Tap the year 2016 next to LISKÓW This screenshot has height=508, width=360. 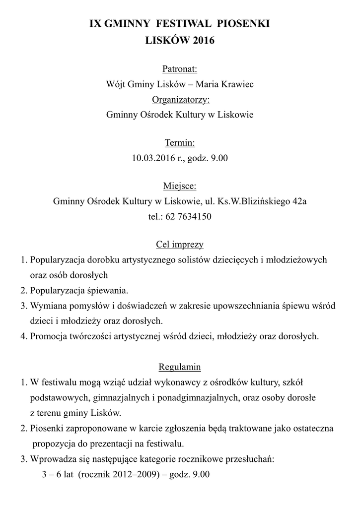(x=204, y=41)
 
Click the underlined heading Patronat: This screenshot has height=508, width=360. (x=180, y=68)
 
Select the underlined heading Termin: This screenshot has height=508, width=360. (x=180, y=143)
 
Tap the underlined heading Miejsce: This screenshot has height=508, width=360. (x=180, y=186)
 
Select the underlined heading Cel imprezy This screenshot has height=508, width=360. (x=180, y=245)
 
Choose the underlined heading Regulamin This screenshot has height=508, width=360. (x=180, y=367)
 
